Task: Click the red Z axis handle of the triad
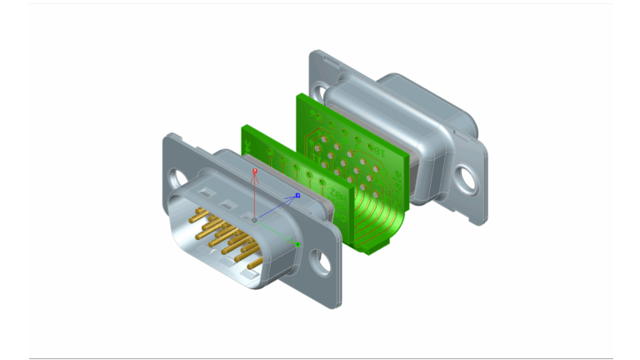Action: click(255, 171)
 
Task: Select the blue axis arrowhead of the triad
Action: click(297, 196)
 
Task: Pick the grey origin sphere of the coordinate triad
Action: click(255, 220)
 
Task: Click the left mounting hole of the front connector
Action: click(175, 177)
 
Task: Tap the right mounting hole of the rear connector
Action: click(465, 177)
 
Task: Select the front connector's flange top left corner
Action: click(165, 136)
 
